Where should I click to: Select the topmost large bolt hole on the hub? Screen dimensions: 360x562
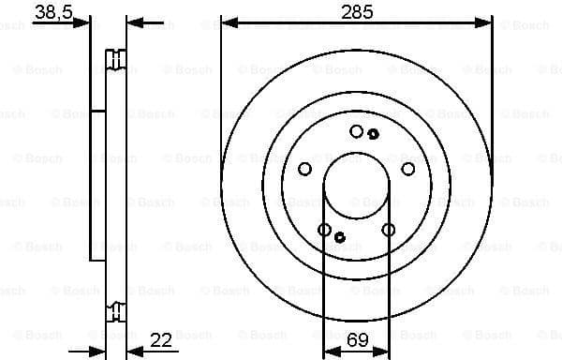coord(356,131)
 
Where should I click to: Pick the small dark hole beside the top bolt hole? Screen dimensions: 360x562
coord(373,134)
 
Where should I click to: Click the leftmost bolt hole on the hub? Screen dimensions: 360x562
coord(304,169)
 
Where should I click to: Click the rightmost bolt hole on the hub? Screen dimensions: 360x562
coord(407,169)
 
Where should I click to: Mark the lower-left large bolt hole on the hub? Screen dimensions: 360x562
coord(324,230)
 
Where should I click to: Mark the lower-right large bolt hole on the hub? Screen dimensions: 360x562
coord(388,230)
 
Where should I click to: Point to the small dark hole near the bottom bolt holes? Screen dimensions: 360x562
coord(340,237)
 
